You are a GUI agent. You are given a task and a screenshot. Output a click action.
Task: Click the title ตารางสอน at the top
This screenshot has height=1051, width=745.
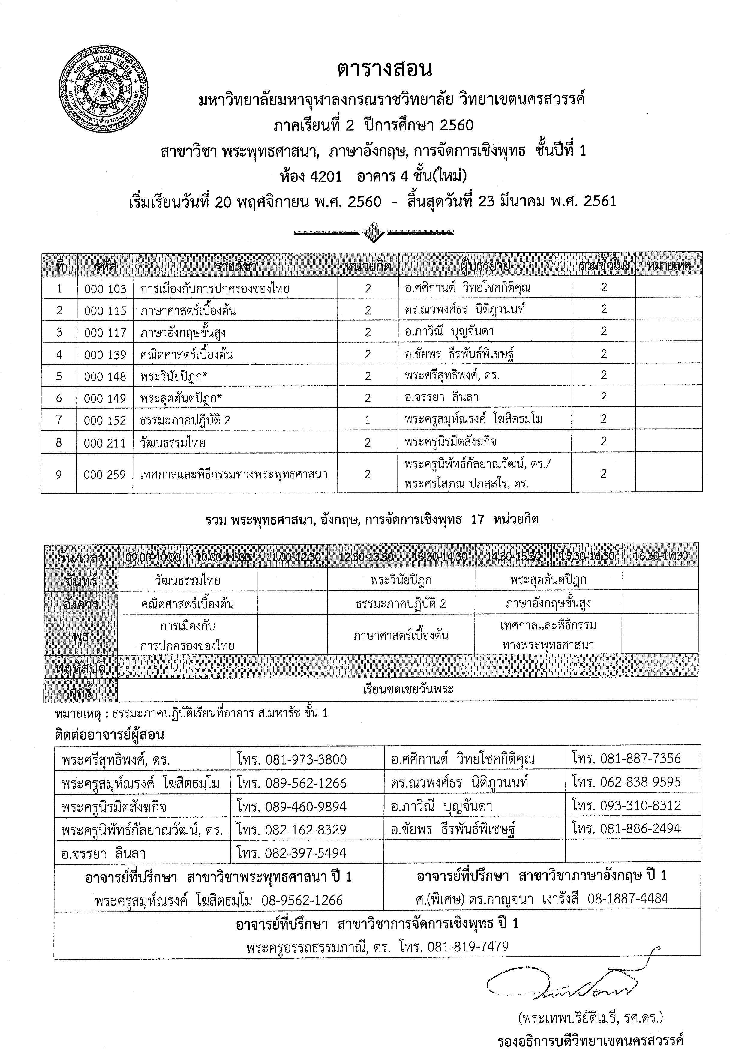(384, 70)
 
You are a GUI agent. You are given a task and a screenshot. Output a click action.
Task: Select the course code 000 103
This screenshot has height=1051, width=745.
(105, 289)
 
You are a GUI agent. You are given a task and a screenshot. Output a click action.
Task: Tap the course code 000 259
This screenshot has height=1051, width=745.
(105, 474)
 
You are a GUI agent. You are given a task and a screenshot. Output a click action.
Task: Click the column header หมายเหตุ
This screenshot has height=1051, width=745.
(668, 265)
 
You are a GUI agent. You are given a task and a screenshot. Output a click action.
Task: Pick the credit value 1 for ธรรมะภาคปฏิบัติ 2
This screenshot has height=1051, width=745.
(368, 420)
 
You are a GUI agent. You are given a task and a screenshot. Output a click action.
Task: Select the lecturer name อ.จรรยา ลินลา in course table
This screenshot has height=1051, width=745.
(441, 397)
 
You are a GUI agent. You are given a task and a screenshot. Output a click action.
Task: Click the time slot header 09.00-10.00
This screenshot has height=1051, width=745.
(153, 557)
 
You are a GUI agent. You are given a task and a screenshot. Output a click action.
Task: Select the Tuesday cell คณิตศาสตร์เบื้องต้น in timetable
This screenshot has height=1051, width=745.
(188, 604)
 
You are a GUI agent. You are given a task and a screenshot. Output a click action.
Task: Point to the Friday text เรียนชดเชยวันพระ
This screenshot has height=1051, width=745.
(408, 690)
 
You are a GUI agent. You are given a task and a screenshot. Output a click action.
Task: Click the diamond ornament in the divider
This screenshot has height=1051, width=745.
(373, 233)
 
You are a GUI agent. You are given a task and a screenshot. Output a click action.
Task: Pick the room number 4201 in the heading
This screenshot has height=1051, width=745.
(326, 176)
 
